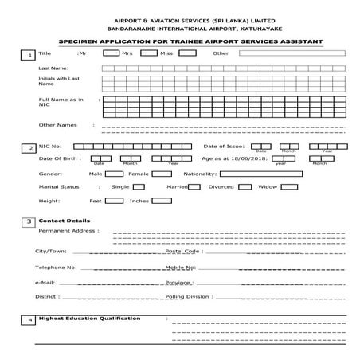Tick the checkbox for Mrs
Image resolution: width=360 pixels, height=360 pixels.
click(x=148, y=53)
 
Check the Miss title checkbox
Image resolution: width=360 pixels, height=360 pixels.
click(x=188, y=53)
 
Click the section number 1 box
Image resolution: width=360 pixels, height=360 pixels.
click(x=29, y=54)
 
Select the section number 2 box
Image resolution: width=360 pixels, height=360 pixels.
click(x=29, y=148)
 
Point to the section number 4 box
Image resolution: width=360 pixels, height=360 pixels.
click(x=29, y=320)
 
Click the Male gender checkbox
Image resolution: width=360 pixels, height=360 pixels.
click(x=113, y=173)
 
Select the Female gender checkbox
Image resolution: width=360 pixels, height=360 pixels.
click(x=159, y=173)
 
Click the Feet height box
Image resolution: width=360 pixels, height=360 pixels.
click(x=114, y=201)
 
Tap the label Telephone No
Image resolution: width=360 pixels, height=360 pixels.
click(x=56, y=267)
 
